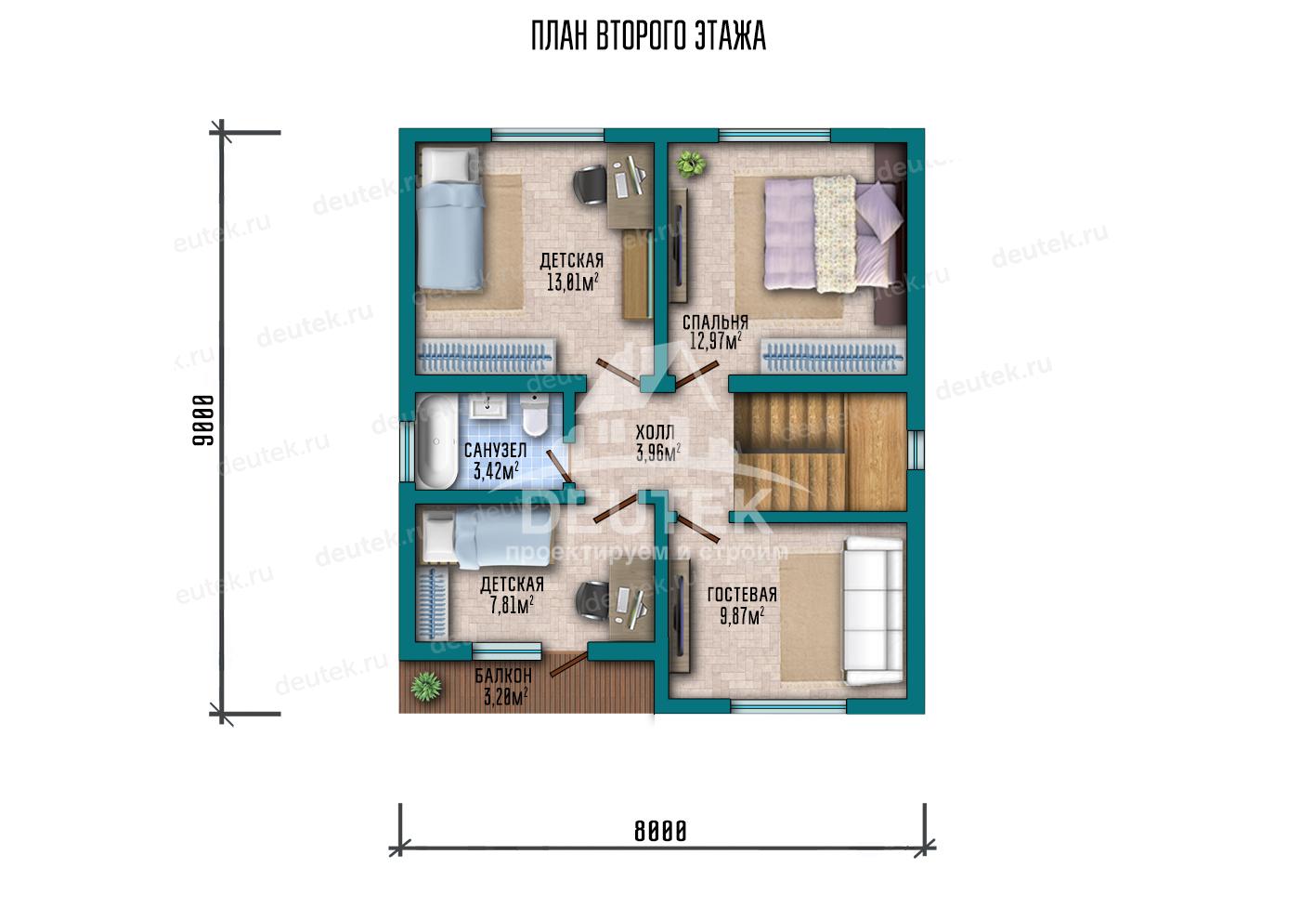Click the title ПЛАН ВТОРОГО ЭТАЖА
pos(649,36)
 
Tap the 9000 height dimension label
pos(203,420)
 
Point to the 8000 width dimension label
pos(660,832)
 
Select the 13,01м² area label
pos(572,283)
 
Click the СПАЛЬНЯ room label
pos(715,322)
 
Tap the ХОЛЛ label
pos(655,432)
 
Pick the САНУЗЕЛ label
pos(496,450)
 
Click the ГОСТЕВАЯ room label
pos(742,595)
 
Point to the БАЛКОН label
pos(503,676)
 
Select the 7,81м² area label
pos(512,606)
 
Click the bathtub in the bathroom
pos(437,442)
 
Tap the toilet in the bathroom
pos(535,415)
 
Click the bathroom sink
pos(489,405)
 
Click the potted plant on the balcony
pos(426,687)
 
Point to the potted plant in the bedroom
pos(691,164)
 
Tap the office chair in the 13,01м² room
pos(591,185)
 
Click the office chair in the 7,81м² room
pos(592,600)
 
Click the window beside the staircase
pos(916,450)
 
